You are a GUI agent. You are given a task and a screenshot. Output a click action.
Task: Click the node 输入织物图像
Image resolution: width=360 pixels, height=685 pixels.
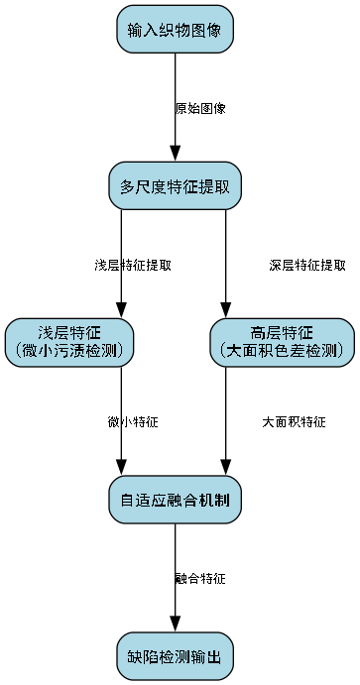[x=175, y=29]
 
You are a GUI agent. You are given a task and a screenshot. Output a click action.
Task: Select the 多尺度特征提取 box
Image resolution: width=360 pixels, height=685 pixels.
[x=175, y=185]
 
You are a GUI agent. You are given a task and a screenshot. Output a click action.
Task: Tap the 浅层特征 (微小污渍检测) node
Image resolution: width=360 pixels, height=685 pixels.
[x=69, y=342]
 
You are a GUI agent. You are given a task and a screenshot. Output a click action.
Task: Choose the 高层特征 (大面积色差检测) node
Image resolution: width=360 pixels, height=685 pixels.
[x=282, y=342]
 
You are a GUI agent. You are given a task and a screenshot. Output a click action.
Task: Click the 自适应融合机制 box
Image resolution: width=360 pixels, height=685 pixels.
[x=175, y=499]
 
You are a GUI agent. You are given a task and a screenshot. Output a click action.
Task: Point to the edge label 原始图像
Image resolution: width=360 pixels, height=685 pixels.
[x=200, y=108]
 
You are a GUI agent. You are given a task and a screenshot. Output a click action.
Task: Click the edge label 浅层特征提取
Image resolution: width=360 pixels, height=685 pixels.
[x=133, y=265]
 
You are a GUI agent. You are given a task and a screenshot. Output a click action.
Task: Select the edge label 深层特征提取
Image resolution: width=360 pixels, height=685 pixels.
[x=307, y=265]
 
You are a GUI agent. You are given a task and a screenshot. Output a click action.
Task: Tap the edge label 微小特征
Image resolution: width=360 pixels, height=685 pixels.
[x=133, y=421]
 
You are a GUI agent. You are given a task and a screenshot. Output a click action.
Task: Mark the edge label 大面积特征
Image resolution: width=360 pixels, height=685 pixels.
[x=294, y=421]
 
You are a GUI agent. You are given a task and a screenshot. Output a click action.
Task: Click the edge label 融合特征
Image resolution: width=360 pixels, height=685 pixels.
[x=200, y=578]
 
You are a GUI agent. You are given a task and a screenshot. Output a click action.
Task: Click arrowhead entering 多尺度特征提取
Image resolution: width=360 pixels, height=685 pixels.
[x=175, y=153]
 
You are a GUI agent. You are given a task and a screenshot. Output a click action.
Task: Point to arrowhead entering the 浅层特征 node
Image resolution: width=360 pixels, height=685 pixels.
[x=122, y=309]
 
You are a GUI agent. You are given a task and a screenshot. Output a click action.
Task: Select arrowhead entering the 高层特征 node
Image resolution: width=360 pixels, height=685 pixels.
[x=226, y=309]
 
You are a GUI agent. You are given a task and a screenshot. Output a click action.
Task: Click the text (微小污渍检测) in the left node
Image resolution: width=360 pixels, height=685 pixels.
[x=69, y=351]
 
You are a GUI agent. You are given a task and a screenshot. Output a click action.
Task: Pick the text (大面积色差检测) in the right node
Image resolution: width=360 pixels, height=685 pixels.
[x=282, y=351]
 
